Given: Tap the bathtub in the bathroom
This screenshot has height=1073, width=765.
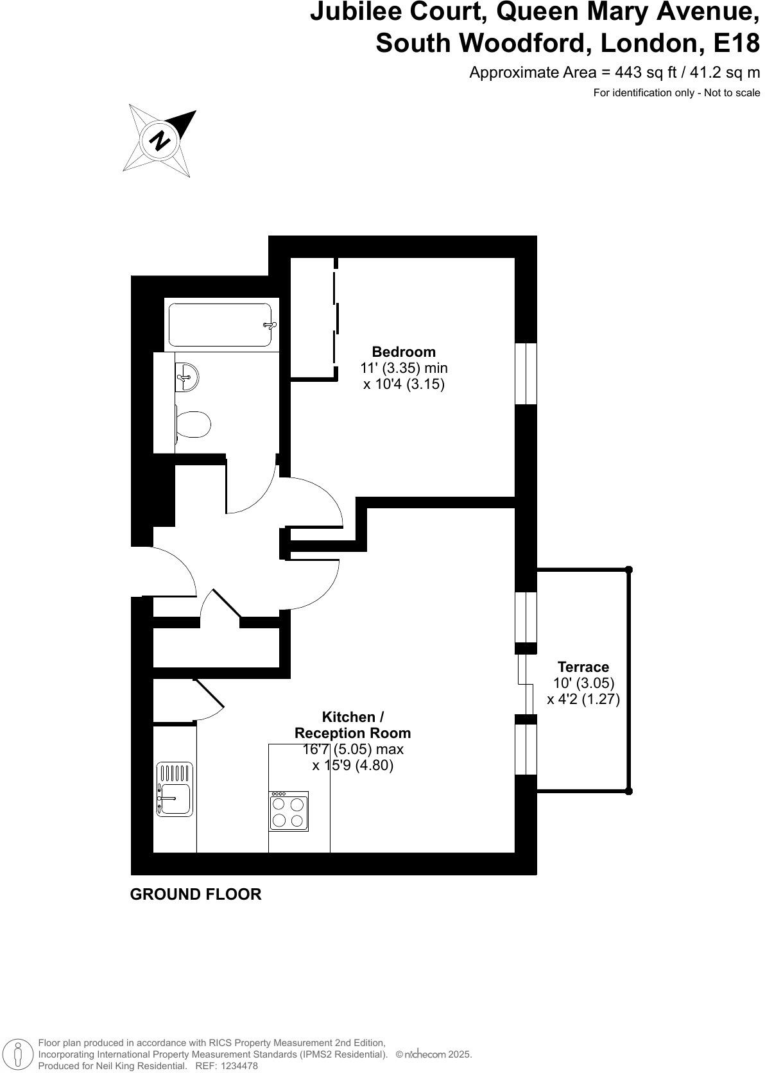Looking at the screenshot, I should pyautogui.click(x=219, y=325).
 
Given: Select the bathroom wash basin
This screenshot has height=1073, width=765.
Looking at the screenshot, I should pyautogui.click(x=187, y=376).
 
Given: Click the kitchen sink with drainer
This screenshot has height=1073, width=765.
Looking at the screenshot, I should pyautogui.click(x=175, y=789).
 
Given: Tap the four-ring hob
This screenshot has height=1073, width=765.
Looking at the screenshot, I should pyautogui.click(x=288, y=811).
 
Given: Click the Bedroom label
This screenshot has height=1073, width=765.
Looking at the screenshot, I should pyautogui.click(x=404, y=352).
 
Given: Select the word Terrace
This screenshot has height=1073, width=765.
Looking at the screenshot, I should pyautogui.click(x=583, y=667).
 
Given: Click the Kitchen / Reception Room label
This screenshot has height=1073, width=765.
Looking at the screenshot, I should pyautogui.click(x=352, y=725).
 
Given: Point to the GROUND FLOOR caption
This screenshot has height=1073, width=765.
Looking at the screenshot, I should pyautogui.click(x=196, y=894).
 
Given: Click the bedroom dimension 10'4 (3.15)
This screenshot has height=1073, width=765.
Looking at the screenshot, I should pyautogui.click(x=404, y=384).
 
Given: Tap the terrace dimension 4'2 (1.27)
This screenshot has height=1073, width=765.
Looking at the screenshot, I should pyautogui.click(x=583, y=699).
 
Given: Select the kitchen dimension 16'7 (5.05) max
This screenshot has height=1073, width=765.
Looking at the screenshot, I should pyautogui.click(x=352, y=749).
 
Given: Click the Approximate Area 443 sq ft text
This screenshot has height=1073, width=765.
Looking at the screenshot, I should pyautogui.click(x=614, y=72).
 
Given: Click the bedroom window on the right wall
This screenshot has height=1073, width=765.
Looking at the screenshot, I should pyautogui.click(x=526, y=373).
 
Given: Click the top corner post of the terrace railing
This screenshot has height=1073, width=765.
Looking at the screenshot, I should pyautogui.click(x=629, y=569).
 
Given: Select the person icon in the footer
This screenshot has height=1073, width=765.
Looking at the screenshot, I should pyautogui.click(x=20, y=1054).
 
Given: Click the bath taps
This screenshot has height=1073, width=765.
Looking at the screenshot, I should pyautogui.click(x=269, y=325).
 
